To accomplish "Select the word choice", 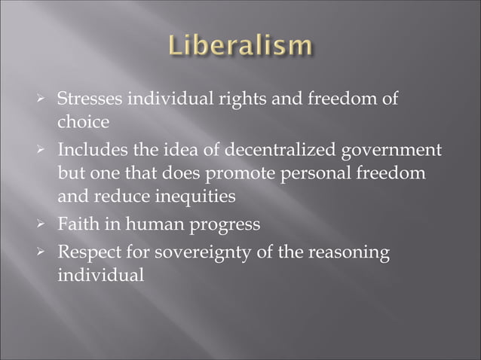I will tap(83, 121).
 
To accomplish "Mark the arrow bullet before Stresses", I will tap(45, 99).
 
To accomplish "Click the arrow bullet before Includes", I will tap(45, 151).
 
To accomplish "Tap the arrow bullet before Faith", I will tap(45, 224).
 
